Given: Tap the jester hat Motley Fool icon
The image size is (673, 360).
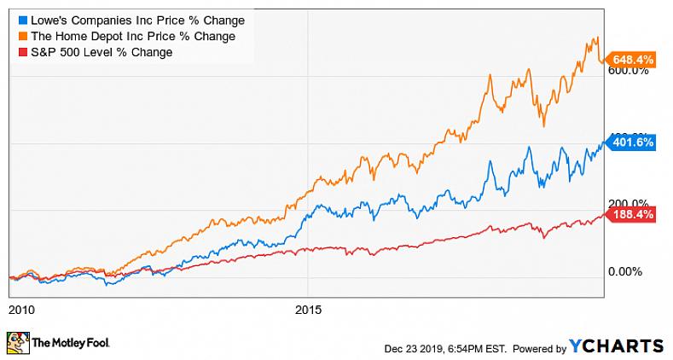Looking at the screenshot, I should [x=17, y=345].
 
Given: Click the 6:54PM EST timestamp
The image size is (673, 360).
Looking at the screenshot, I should [x=479, y=348].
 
